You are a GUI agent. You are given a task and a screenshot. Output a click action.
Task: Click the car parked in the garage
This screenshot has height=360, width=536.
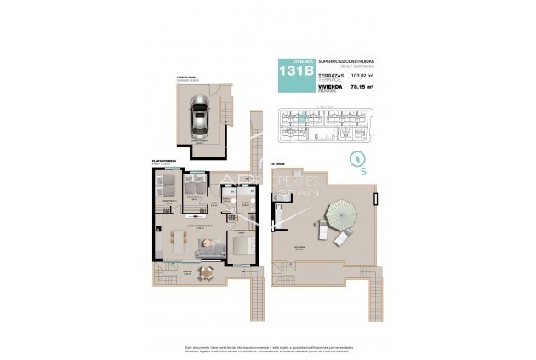[199, 114]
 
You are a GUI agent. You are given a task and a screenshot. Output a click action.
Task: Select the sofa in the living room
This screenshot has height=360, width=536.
[208, 248]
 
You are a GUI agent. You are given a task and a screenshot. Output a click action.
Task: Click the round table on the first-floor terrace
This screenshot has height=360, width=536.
[203, 272]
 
